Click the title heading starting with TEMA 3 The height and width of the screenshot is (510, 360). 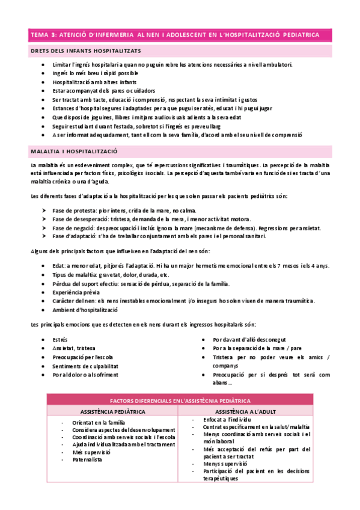coord(175,35)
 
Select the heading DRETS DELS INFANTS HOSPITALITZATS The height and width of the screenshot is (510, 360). coord(86,52)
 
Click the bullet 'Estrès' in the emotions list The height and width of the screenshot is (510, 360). coord(61,340)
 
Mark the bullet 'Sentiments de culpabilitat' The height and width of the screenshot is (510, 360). coord(85,366)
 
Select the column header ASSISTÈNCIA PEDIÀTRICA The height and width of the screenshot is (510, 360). coord(112,411)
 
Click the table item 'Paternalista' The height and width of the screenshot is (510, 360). coord(88,460)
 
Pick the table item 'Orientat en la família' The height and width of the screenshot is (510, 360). coord(99,423)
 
